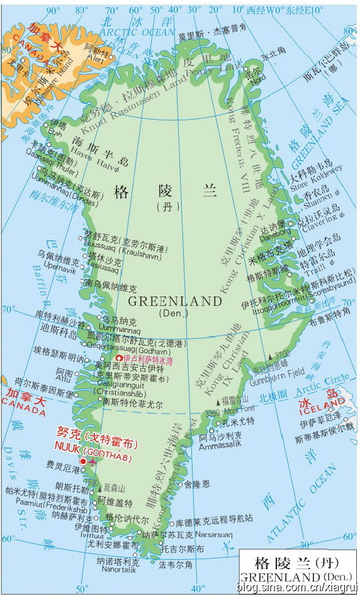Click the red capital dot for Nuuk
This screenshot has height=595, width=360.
click(83, 462)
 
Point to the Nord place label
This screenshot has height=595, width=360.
click(257, 77)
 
